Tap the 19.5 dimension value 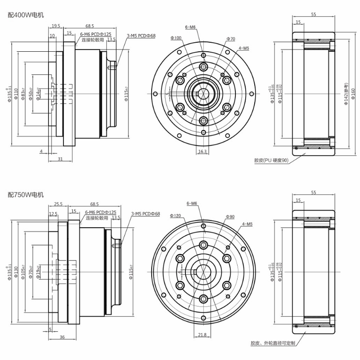(x=56, y=26)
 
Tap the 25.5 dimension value (x=58, y=203)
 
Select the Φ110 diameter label (x=16, y=93)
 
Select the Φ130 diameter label (x=16, y=272)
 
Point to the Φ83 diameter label (x=23, y=93)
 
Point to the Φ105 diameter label (x=24, y=272)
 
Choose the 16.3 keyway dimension (x=202, y=152)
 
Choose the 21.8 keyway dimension (x=202, y=334)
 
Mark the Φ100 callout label (x=176, y=38)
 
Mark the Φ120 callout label (x=175, y=216)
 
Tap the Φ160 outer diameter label (x=352, y=94)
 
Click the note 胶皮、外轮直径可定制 (x=273, y=343)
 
